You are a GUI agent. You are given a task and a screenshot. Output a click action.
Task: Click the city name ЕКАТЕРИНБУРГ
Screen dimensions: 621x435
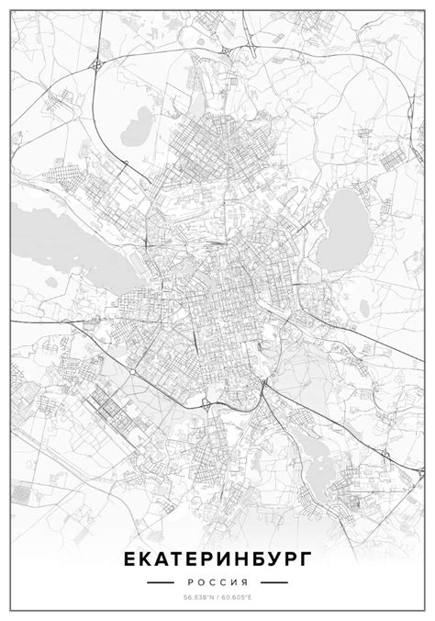click(x=217, y=559)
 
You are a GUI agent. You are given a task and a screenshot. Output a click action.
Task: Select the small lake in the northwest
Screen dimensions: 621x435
click(x=141, y=119)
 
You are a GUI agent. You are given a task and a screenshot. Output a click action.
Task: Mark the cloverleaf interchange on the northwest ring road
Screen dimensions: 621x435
click(x=98, y=62)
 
